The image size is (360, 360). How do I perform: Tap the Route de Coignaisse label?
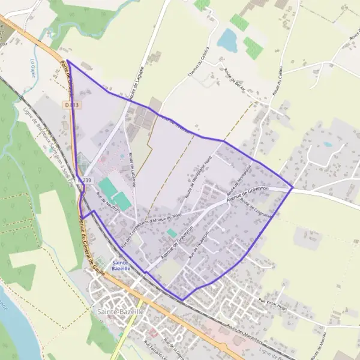[x=256, y=208]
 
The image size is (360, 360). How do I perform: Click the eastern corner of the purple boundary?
[x=292, y=187]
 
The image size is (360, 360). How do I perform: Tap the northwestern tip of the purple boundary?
[x=67, y=61]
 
